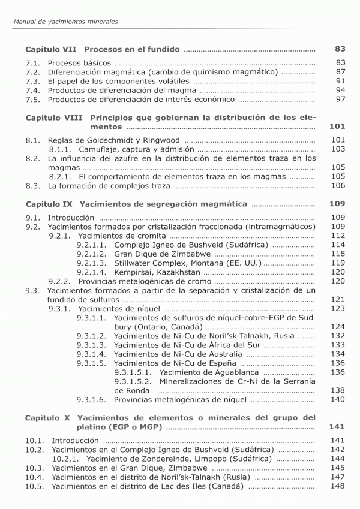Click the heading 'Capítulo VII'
pos(52,49)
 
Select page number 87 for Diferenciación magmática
pos(340,72)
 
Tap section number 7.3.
pos(33,81)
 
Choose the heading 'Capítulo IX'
pos(50,204)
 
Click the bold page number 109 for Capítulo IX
pos(338,204)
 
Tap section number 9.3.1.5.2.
pos(134,381)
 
